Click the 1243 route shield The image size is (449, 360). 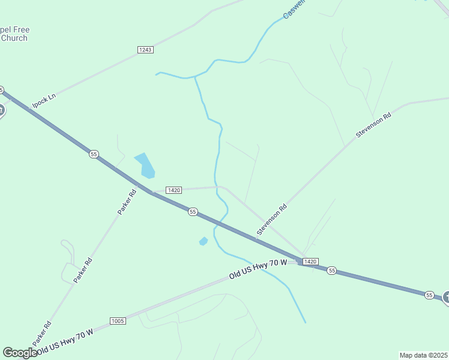[145, 49]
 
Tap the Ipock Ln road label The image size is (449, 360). [44, 100]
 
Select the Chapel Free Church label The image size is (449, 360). [13, 34]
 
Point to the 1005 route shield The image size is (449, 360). [118, 321]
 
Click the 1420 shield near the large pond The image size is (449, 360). [173, 190]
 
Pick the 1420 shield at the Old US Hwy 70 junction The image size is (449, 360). [310, 262]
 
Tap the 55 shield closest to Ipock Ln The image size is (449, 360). [94, 154]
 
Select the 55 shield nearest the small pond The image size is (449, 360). [193, 211]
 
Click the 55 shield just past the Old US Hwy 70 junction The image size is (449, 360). [332, 271]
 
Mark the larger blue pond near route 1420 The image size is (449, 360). [145, 165]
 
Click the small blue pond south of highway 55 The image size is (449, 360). [203, 241]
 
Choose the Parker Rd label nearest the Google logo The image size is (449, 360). [42, 332]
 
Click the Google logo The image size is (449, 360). [20, 353]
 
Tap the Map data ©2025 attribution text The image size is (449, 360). [424, 355]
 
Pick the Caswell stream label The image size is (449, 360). [295, 8]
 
